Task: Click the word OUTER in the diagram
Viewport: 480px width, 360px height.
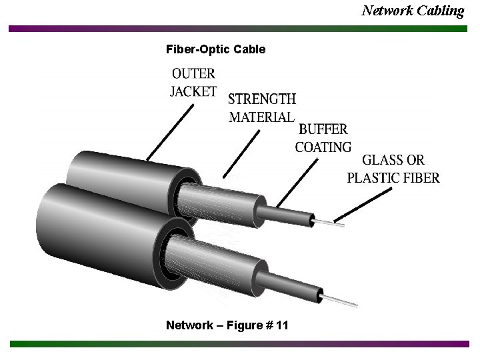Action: [x=194, y=74]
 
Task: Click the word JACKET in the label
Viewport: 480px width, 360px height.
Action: [x=193, y=91]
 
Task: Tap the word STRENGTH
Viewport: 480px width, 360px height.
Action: [x=262, y=99]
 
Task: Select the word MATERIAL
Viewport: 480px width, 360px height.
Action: [x=261, y=117]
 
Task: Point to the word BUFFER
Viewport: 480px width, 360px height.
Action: [x=323, y=129]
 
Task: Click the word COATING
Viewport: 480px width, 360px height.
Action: [x=323, y=147]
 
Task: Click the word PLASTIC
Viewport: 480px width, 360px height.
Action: [x=374, y=178]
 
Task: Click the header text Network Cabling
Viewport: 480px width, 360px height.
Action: [x=413, y=10]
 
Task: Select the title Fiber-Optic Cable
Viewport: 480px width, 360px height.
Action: [x=215, y=49]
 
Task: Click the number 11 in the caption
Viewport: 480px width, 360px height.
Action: [x=282, y=325]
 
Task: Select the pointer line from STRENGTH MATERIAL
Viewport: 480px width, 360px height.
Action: [x=241, y=153]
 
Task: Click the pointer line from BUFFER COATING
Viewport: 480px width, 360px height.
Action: [x=297, y=179]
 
